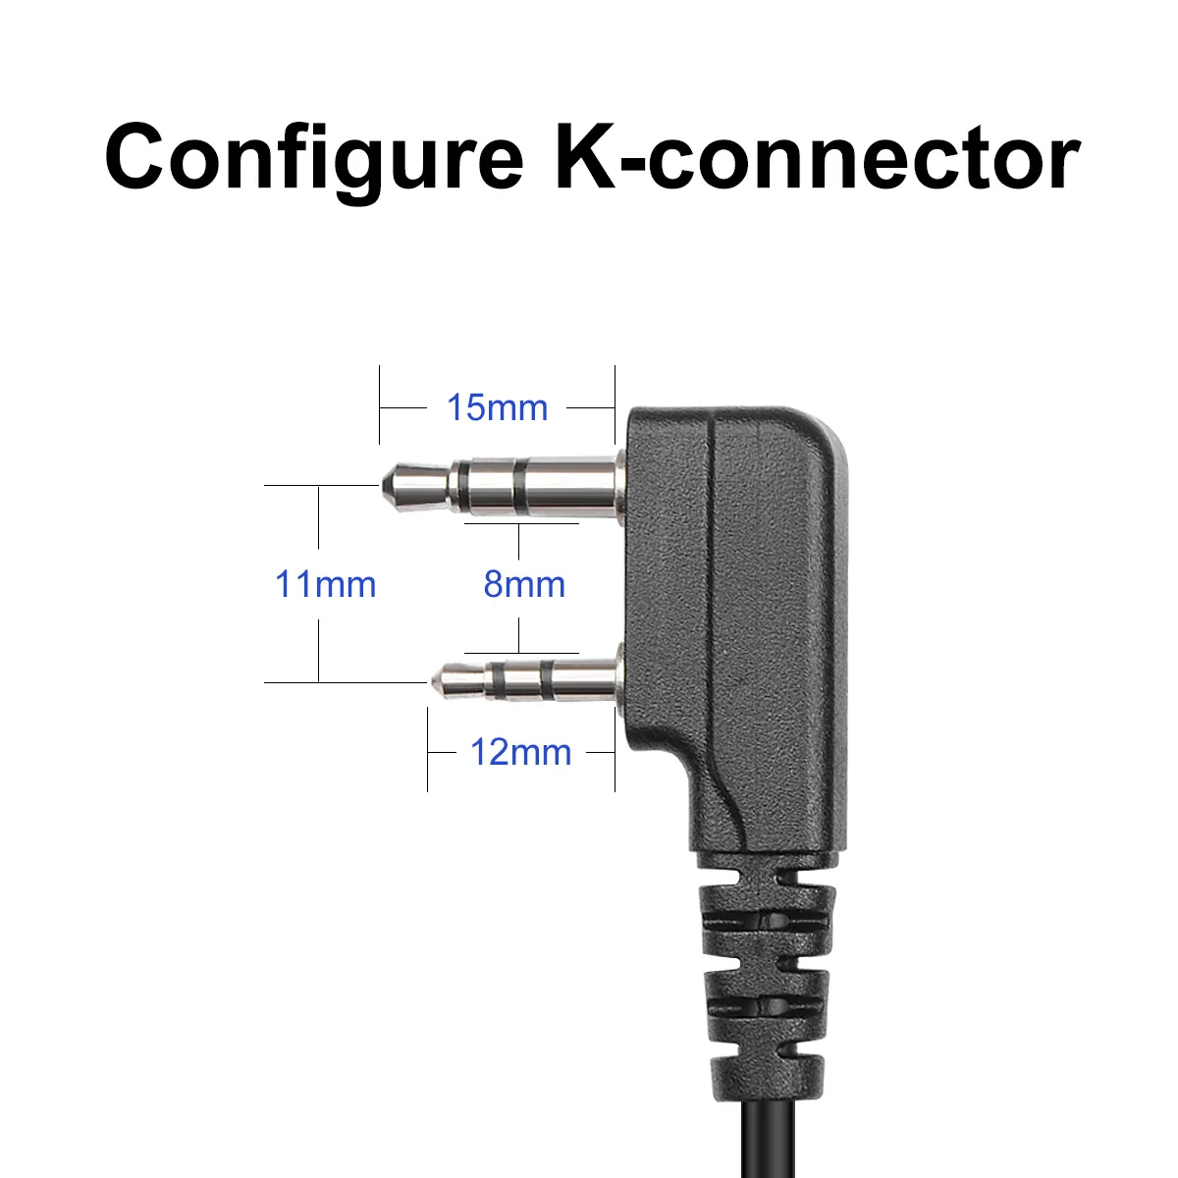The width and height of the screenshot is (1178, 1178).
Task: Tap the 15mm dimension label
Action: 497,406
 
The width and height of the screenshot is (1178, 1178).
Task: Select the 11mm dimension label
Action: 325,584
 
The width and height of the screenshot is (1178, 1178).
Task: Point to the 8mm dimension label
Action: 524,584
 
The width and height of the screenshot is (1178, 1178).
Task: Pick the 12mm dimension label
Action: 520,753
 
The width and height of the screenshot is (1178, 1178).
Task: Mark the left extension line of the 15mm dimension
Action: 379,404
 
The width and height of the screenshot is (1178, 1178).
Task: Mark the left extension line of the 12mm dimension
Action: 427,751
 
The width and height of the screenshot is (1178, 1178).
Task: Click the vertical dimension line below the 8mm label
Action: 519,633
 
